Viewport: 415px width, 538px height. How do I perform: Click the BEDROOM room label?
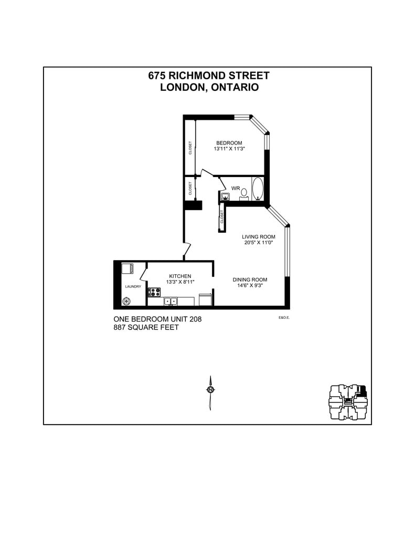[x=229, y=143]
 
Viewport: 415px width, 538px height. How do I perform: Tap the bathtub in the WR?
[x=258, y=189]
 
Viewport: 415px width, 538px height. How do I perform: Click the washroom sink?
[x=225, y=196]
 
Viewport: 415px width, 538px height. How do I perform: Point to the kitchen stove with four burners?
[x=154, y=292]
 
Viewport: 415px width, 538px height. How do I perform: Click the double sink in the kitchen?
[x=171, y=301]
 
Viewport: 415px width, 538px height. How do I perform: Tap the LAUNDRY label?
[x=133, y=286]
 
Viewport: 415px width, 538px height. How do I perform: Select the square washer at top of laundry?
[x=127, y=268]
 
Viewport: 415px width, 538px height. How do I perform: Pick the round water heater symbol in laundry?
[x=126, y=301]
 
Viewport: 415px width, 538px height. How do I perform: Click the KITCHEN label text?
[x=180, y=276]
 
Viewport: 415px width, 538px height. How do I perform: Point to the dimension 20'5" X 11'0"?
[x=259, y=243]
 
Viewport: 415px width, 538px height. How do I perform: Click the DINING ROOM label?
[x=250, y=280]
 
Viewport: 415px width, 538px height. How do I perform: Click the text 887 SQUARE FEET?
[x=146, y=327]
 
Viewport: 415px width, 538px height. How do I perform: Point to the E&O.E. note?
[x=284, y=317]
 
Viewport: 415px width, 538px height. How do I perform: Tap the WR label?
[x=236, y=188]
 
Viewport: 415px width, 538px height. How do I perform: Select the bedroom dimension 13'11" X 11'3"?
[x=229, y=149]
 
